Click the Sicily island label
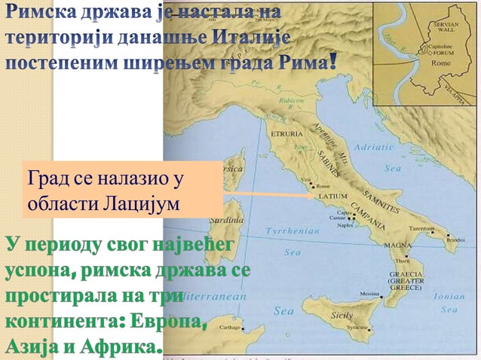click(342, 316)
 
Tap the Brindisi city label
click(455, 239)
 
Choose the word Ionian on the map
click(450, 296)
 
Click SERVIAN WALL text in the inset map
click(443, 28)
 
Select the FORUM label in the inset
click(440, 53)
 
